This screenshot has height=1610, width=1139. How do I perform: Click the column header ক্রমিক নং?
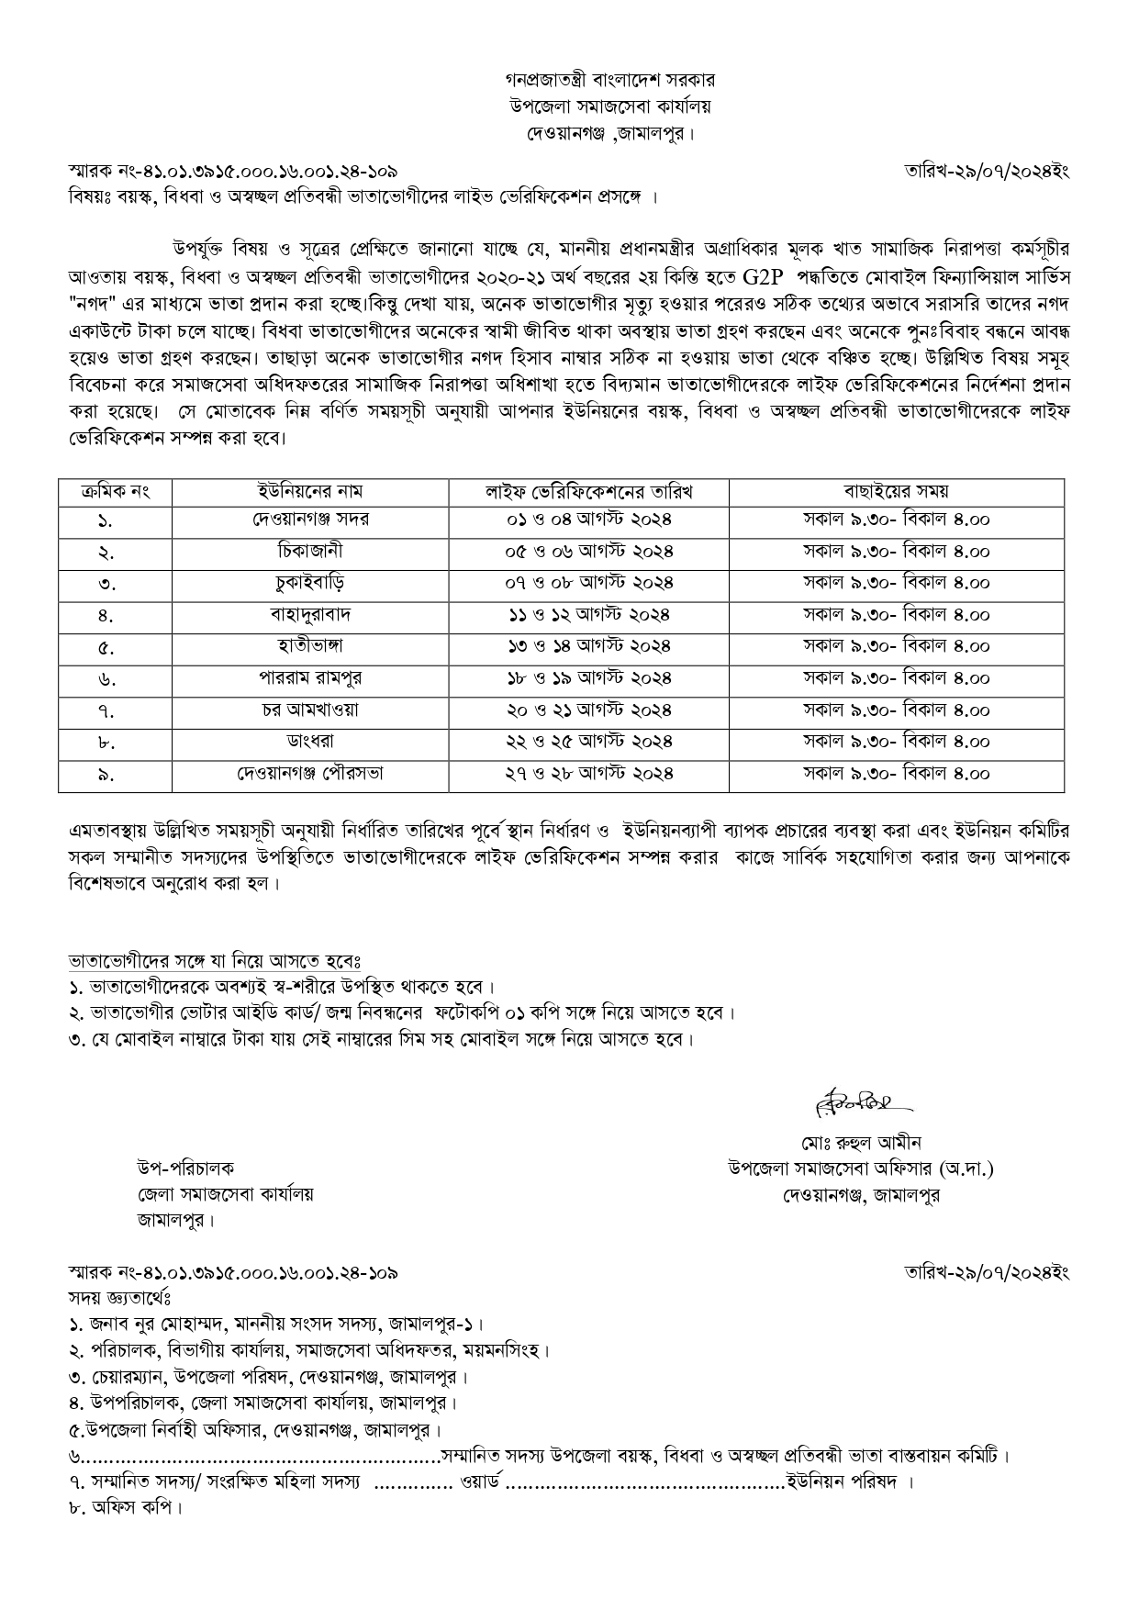tap(115, 492)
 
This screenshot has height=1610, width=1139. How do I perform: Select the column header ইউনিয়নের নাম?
tap(310, 492)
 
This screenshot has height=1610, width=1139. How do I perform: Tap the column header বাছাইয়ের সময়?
tap(896, 492)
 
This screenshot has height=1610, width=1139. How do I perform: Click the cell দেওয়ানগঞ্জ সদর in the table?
tap(310, 520)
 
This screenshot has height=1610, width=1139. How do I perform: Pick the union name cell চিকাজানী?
tap(310, 551)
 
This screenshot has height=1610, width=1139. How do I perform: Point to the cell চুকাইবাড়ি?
tap(310, 583)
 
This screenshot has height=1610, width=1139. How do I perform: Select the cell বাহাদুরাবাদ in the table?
tap(310, 614)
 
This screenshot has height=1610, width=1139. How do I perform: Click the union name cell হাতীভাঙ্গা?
tap(310, 646)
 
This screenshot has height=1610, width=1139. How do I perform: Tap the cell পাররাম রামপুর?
tap(310, 678)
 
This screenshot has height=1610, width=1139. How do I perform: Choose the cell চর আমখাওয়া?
tap(310, 710)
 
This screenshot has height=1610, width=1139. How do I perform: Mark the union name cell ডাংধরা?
tap(310, 742)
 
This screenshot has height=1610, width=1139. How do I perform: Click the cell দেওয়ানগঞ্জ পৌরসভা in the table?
tap(310, 774)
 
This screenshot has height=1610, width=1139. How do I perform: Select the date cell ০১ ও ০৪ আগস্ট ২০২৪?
tap(588, 520)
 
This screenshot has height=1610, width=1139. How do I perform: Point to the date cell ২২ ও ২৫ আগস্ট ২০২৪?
tap(588, 742)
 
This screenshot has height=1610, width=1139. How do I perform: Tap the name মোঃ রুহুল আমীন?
tap(860, 1143)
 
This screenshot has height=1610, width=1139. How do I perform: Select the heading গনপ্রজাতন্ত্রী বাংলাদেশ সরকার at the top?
tap(609, 81)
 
